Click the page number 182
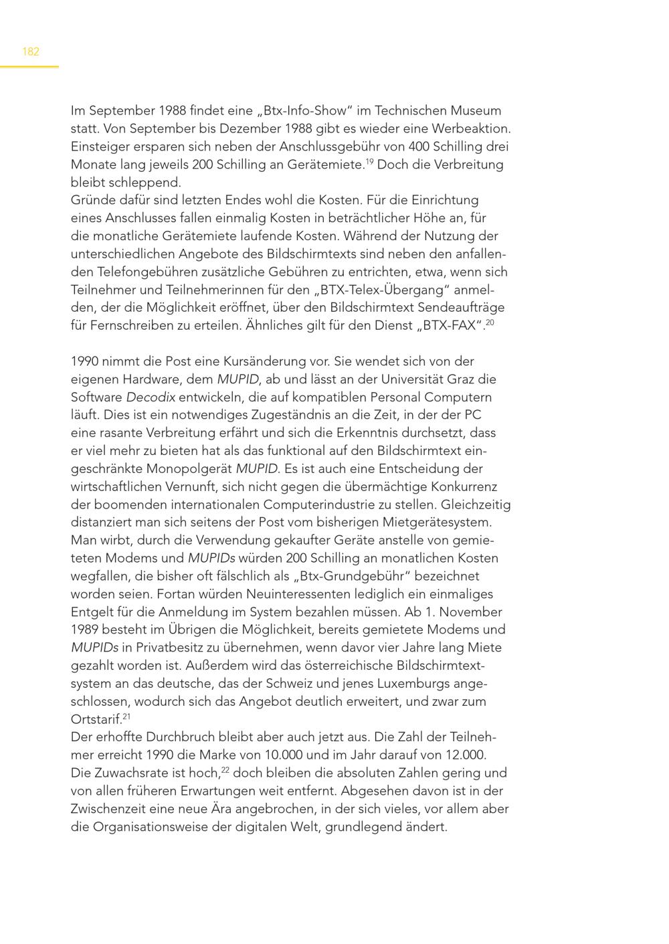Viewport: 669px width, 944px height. (x=31, y=52)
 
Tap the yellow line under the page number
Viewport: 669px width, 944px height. (x=29, y=67)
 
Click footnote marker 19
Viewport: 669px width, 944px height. (x=369, y=161)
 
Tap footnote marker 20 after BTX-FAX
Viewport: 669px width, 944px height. (x=490, y=322)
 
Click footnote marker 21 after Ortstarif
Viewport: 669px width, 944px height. (x=126, y=717)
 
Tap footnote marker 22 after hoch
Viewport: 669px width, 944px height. (x=225, y=770)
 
